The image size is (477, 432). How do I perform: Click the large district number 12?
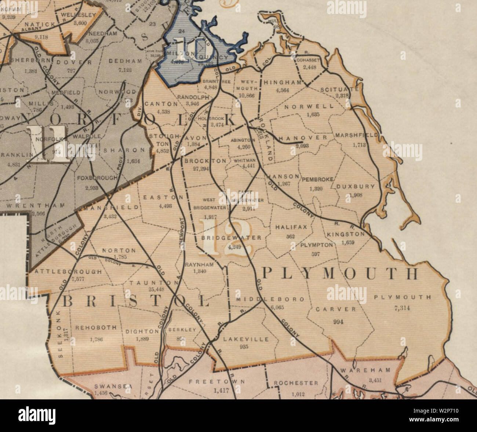225,242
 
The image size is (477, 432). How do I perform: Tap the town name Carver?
336,309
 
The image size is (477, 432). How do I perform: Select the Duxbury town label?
356,186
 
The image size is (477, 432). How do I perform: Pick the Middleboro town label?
270,299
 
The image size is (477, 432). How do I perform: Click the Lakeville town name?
246,339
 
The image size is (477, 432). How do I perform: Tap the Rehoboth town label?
96,327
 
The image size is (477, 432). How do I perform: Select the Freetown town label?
216,382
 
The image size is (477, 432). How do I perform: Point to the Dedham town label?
125,61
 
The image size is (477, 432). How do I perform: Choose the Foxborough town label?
97,178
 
